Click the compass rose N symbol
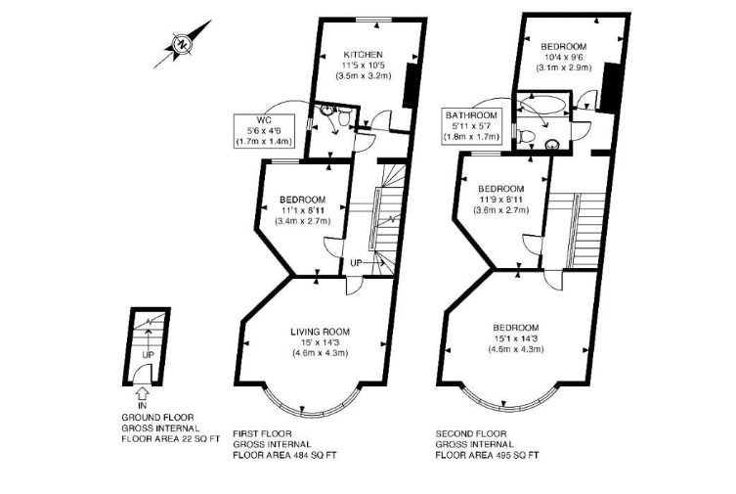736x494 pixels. pos(182,45)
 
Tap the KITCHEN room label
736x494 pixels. pos(363,54)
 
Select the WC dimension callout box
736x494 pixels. pos(265,131)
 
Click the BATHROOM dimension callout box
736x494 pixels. pos(471,126)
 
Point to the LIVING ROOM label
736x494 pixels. pos(320,332)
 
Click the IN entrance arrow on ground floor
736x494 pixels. pos(143,391)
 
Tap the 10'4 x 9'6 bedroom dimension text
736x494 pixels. pos(563,58)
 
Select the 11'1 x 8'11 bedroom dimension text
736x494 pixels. pos(303,210)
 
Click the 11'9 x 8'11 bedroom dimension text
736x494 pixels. pos(500,200)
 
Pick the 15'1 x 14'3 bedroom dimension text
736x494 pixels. pos(515,338)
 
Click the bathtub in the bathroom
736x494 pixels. pos(543,105)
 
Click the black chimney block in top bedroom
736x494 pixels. pos(609,87)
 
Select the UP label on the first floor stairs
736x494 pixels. pos(356,263)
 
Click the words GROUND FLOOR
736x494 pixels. pos(157,418)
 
